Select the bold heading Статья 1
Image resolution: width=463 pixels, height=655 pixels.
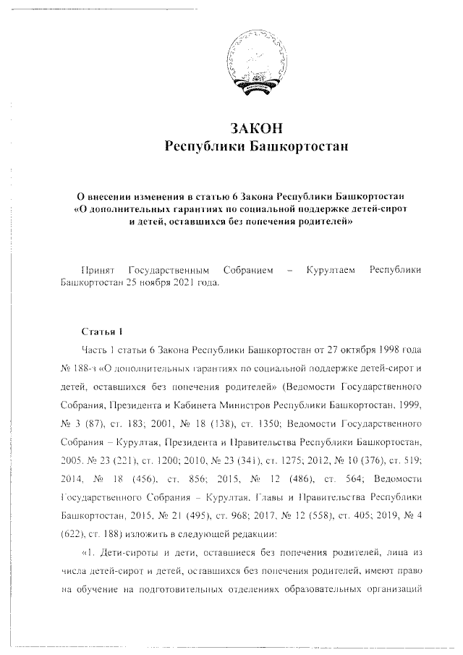coord(100,331)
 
